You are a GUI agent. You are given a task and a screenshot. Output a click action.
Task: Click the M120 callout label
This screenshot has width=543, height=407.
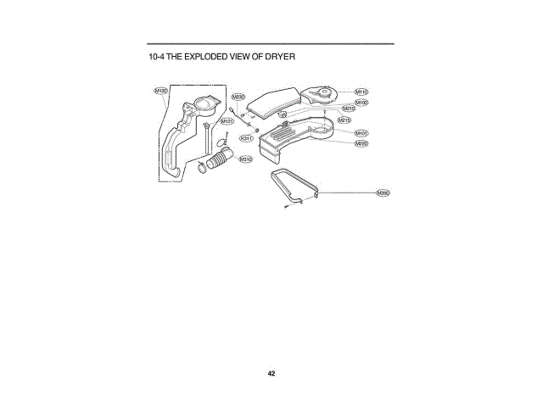tap(160, 90)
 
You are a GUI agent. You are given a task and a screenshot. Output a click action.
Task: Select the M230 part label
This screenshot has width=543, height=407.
tap(238, 98)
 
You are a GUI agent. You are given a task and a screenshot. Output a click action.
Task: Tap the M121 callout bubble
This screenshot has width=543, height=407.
tap(227, 121)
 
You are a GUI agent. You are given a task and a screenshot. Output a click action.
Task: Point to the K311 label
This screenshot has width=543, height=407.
tap(246, 137)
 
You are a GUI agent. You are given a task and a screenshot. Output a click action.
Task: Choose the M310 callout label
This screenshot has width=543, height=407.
tap(245, 159)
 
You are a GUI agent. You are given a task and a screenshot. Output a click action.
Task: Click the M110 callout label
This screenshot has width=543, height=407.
tap(361, 91)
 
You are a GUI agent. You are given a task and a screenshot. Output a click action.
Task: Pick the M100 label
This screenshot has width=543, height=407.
tap(361, 102)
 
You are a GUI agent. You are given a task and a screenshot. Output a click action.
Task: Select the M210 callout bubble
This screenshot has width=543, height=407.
tap(349, 109)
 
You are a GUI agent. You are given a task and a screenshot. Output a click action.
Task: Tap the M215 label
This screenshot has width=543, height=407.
tap(344, 120)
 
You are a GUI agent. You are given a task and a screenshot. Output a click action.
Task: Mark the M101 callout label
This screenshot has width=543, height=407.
tap(361, 133)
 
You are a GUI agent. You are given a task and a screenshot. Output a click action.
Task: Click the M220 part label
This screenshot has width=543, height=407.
tap(361, 143)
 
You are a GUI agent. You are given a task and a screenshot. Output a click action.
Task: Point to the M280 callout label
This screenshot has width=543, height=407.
tap(383, 192)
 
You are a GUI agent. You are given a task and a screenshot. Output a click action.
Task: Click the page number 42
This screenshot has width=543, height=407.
tap(271, 373)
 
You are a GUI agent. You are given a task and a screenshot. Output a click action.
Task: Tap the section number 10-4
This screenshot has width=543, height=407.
tap(155, 57)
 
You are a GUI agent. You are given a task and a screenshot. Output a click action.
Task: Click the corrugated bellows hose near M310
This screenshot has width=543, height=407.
tap(220, 160)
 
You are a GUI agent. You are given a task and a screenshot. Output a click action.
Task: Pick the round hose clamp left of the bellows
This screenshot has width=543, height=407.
tap(202, 167)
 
